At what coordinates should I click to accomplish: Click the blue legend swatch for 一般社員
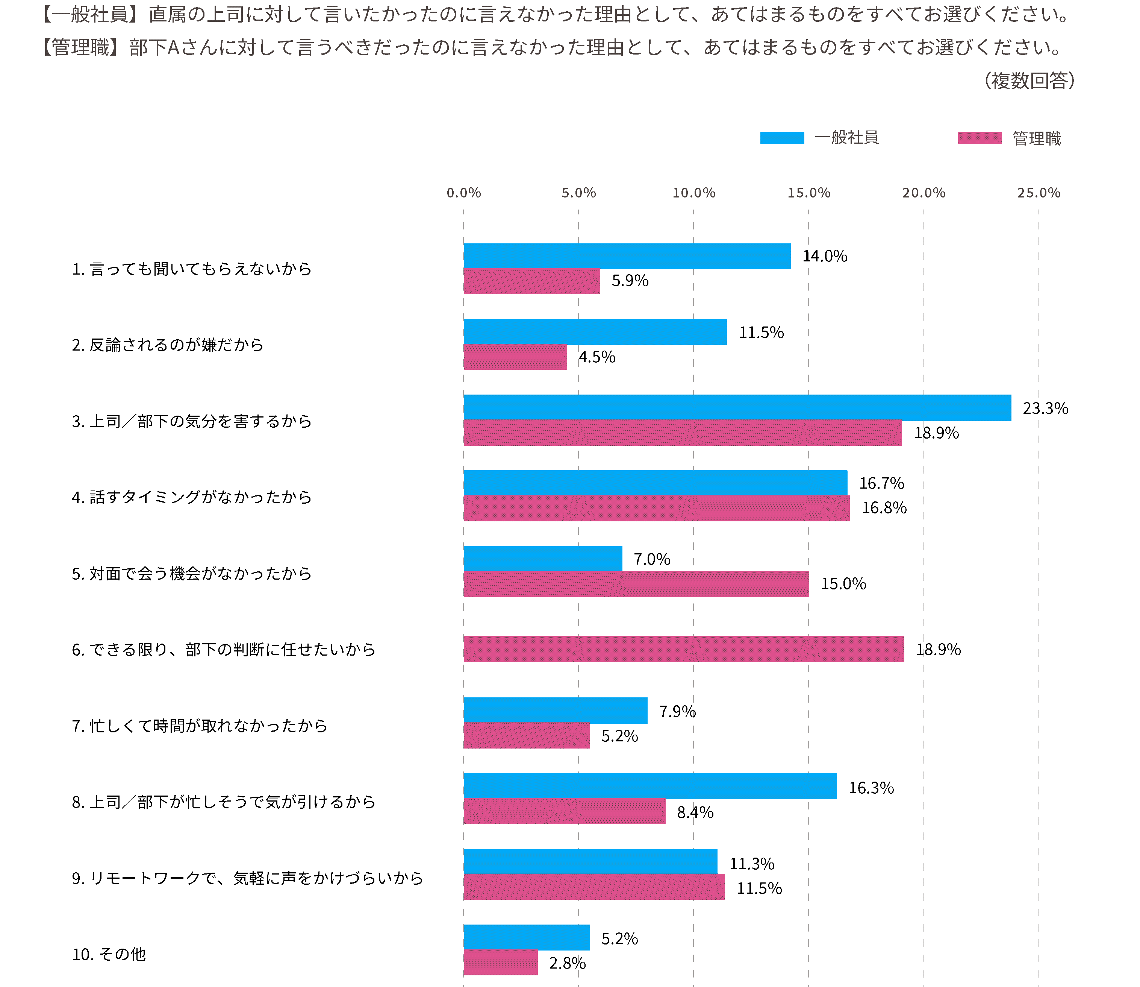pyautogui.click(x=782, y=138)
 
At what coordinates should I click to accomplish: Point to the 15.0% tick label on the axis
pyautogui.click(x=808, y=193)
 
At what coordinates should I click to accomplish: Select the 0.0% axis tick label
pyautogui.click(x=463, y=193)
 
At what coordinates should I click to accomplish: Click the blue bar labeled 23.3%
pyautogui.click(x=737, y=408)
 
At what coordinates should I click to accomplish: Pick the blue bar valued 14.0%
pyautogui.click(x=627, y=256)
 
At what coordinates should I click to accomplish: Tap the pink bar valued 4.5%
pyautogui.click(x=515, y=357)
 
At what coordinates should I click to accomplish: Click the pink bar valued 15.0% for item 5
pyautogui.click(x=636, y=584)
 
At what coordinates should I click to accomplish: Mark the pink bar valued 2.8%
pyautogui.click(x=500, y=962)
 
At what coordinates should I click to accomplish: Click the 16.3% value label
pyautogui.click(x=871, y=788)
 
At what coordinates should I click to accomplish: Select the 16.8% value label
pyautogui.click(x=884, y=508)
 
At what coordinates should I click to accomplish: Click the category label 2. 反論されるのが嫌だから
pyautogui.click(x=168, y=345)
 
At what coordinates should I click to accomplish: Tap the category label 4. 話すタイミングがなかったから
pyautogui.click(x=192, y=497)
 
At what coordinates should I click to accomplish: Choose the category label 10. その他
pyautogui.click(x=109, y=954)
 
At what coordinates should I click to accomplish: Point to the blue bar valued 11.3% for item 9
pyautogui.click(x=590, y=861)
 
